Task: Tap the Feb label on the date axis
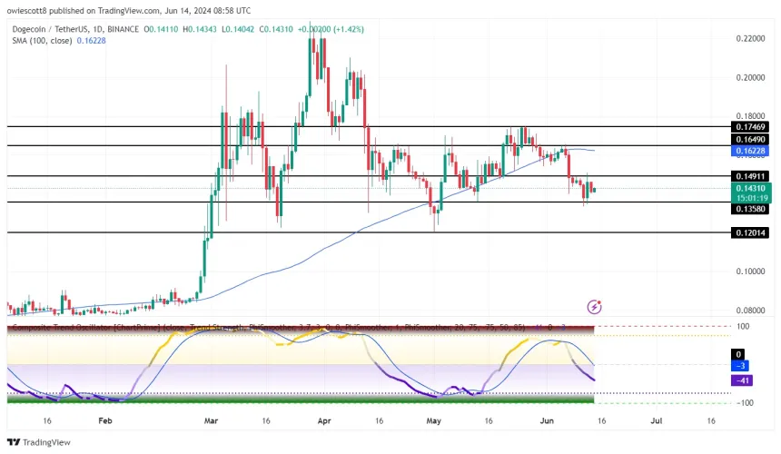(105, 421)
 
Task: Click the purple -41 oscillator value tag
(740, 379)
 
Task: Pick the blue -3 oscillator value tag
(740, 366)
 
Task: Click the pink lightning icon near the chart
(595, 308)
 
